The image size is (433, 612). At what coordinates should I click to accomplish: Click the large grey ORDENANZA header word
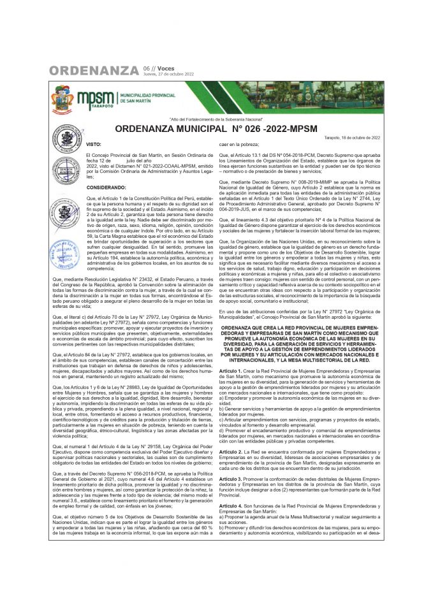[93, 70]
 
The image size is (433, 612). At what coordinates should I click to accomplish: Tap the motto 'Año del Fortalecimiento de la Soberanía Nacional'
[216, 120]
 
